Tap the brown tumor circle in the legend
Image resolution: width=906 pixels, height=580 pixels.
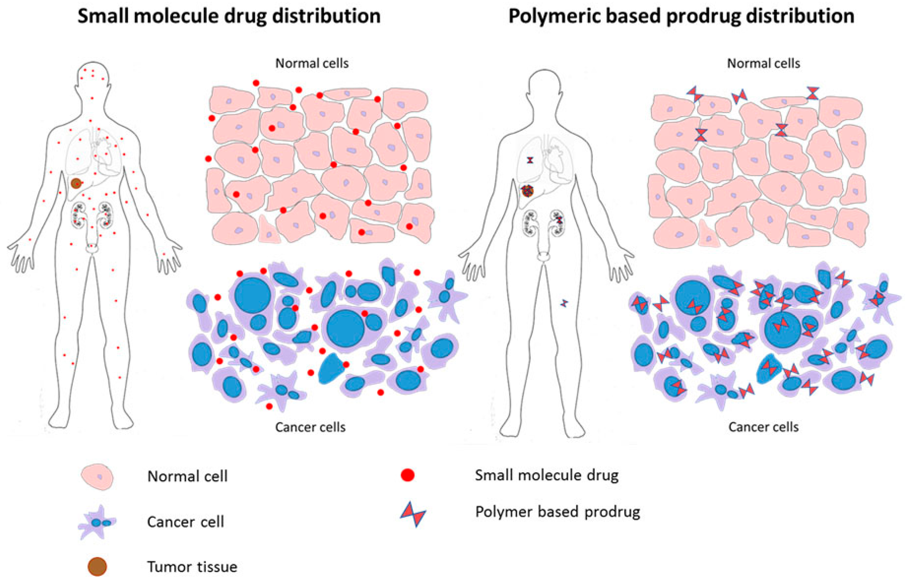(x=97, y=566)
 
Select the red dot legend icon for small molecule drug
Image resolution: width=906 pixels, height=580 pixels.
(x=407, y=475)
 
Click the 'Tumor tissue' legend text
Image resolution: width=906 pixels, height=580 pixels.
(x=192, y=566)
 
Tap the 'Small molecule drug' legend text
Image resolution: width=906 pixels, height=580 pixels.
(x=546, y=475)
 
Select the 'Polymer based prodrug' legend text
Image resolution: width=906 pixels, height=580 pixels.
(x=558, y=512)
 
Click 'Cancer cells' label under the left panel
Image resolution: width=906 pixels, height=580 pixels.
(x=310, y=427)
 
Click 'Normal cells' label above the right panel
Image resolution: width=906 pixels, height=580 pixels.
(x=763, y=63)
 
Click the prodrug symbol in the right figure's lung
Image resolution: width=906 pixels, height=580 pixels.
(x=530, y=160)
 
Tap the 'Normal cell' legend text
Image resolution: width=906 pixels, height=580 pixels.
(x=187, y=476)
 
